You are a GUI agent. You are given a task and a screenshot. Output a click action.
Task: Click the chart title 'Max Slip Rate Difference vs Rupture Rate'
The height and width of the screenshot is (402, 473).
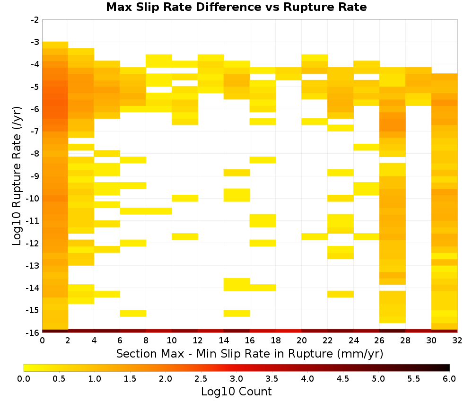[236, 7]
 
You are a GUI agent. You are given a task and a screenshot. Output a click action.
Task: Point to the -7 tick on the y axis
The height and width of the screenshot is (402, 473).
[35, 131]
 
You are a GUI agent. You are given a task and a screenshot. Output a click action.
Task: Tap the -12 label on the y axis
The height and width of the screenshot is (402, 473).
[33, 243]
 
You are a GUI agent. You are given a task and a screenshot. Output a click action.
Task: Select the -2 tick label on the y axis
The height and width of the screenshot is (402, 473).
[35, 20]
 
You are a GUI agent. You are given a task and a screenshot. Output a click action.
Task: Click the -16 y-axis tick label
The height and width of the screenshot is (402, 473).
[33, 332]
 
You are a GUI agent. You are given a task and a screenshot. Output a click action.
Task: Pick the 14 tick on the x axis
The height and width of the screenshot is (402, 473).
[224, 341]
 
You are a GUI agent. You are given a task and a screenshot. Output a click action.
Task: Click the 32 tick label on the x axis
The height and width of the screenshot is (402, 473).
[457, 341]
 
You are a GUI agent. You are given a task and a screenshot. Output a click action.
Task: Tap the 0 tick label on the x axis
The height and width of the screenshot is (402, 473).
[42, 341]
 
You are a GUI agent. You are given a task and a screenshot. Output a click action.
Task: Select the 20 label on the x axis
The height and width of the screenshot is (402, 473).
[301, 341]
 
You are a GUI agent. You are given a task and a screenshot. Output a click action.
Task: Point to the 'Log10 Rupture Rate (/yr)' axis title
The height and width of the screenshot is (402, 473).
[17, 176]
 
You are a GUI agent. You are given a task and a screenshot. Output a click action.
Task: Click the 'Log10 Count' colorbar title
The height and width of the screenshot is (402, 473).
[236, 392]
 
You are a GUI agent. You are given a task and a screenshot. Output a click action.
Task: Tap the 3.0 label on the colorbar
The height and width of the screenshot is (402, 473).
[236, 378]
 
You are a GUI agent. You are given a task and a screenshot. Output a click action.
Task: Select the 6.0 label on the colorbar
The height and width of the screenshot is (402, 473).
[449, 378]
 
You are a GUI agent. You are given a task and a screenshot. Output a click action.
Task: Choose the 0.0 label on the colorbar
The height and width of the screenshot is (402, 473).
[24, 378]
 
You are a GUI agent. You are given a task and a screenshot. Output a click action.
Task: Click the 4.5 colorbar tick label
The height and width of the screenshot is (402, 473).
[342, 378]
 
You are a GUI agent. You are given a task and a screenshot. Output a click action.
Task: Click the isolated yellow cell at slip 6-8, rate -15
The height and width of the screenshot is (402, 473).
[133, 314]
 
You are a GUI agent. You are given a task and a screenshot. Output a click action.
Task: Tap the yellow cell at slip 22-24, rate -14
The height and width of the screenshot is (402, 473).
[341, 294]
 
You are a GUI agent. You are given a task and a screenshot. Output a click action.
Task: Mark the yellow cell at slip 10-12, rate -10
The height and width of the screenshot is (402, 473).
[185, 198]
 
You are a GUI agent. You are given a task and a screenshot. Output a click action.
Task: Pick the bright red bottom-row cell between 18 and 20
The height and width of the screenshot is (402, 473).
[289, 331]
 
